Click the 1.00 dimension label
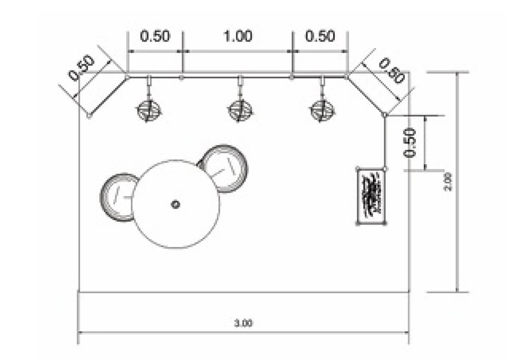238,36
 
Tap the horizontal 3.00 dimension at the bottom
243,324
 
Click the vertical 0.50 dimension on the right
410,143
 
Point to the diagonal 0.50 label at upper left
82,68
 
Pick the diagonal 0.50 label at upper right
391,70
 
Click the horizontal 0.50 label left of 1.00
155,36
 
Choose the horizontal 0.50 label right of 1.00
320,36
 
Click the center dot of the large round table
176,204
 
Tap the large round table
176,204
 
